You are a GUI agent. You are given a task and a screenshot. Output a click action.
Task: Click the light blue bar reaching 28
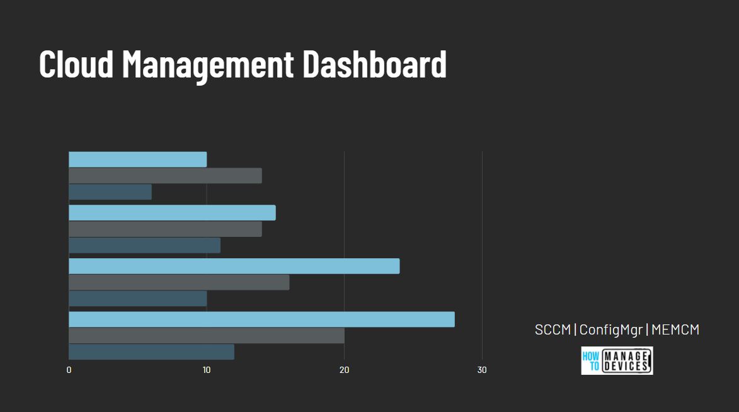coord(261,319)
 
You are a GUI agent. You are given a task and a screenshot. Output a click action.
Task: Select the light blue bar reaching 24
coord(234,266)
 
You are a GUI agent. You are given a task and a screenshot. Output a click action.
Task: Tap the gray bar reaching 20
coord(207,336)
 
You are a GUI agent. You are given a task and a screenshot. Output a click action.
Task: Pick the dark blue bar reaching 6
coord(110,192)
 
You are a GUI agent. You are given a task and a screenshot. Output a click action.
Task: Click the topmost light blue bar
coord(137,159)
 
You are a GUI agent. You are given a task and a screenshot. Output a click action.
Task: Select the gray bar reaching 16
coord(179,282)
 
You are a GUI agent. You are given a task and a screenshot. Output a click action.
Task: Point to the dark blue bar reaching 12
coord(151,352)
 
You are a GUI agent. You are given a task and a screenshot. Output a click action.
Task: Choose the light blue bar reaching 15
coord(172,213)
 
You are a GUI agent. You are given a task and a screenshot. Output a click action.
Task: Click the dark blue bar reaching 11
coord(144,245)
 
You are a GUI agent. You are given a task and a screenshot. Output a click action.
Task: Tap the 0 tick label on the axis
coord(69,370)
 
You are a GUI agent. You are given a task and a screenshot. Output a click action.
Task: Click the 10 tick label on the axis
coord(207,370)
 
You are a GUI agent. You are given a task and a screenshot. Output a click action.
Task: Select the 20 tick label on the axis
coord(344,370)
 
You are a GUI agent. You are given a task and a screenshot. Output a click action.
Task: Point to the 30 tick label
coord(482,370)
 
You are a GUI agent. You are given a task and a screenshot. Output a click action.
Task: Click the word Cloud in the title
coord(76,63)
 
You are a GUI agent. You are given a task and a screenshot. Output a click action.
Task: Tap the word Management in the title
coord(208,64)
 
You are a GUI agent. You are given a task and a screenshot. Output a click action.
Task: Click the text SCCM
coord(553,329)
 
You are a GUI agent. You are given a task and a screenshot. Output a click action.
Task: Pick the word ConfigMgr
coord(610,329)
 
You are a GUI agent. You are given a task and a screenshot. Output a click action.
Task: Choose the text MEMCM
coord(675,329)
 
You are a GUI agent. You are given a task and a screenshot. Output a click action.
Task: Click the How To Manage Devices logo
coord(617,360)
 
